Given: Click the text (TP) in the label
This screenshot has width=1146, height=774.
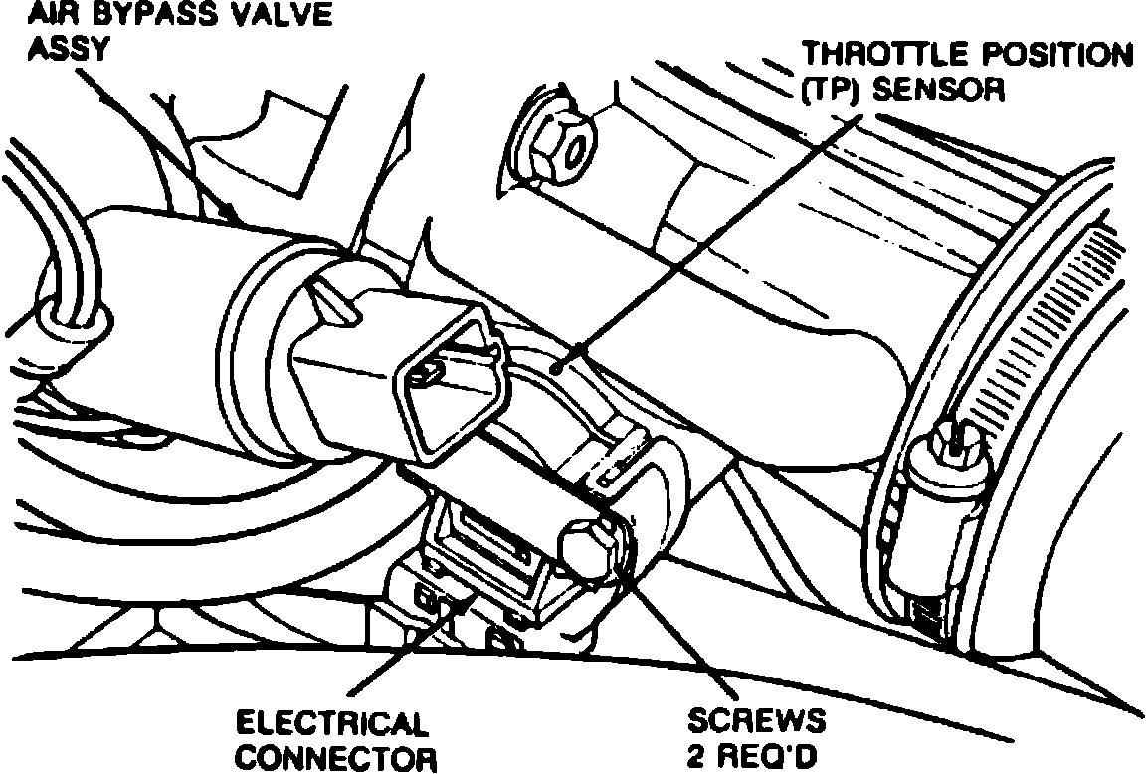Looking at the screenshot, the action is pos(832,91).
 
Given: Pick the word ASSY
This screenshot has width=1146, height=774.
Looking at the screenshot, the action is pos(67,50).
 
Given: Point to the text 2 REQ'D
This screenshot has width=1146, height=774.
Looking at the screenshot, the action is pos(752,758).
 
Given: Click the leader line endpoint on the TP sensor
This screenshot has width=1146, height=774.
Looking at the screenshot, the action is pos(561,368).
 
